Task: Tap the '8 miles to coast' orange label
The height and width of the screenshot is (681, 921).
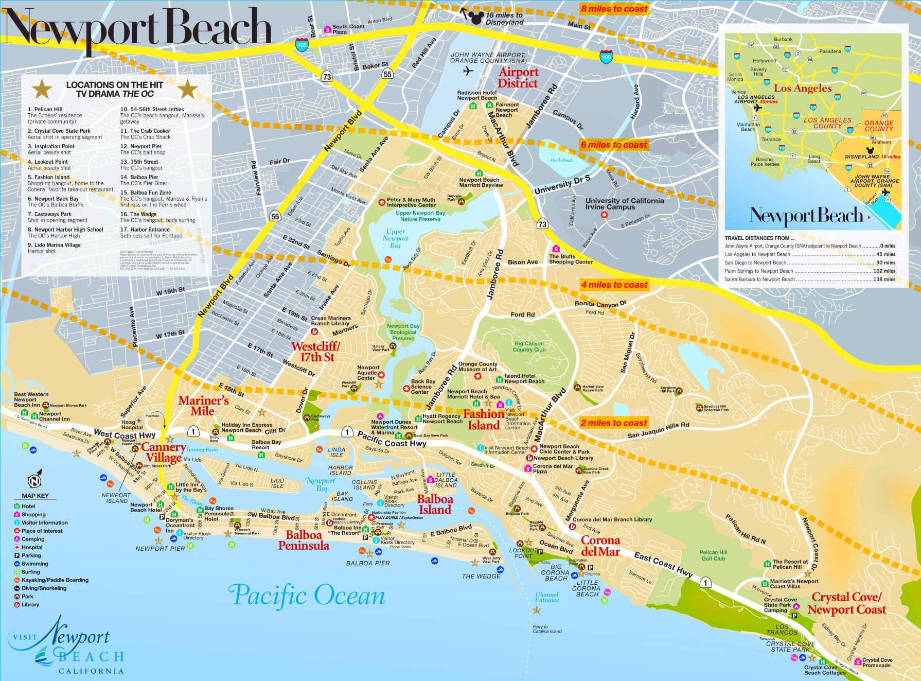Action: click(x=614, y=9)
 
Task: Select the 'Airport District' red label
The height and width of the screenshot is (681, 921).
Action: click(x=518, y=78)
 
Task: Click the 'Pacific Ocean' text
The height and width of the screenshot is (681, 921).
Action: click(x=307, y=596)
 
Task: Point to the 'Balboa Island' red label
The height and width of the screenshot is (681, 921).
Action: click(x=435, y=504)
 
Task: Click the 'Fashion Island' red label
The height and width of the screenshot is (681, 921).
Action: click(x=483, y=420)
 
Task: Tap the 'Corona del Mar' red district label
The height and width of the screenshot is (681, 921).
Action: click(x=600, y=546)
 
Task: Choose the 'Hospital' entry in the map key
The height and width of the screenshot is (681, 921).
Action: click(x=32, y=547)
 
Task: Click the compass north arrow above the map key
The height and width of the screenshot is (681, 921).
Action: click(x=34, y=480)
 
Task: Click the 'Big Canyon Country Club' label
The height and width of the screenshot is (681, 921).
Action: click(x=529, y=346)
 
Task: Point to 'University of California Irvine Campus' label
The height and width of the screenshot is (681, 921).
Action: click(x=624, y=204)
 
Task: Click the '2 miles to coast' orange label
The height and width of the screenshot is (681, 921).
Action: click(x=613, y=423)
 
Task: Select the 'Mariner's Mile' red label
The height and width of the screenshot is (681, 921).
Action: click(x=203, y=406)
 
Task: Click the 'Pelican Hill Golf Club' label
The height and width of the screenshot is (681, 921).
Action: click(x=713, y=555)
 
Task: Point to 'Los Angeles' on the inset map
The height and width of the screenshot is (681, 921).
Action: click(x=802, y=89)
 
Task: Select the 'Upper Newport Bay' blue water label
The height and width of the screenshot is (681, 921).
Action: click(x=395, y=238)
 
